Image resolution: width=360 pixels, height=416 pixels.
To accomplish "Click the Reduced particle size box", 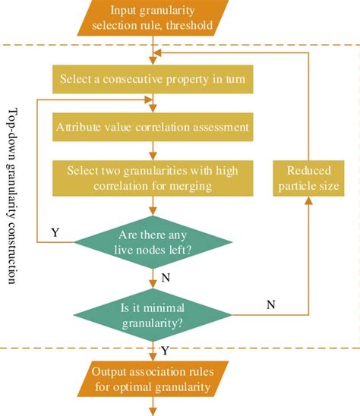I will (308, 178).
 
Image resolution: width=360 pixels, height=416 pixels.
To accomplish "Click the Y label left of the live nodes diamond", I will (55, 232).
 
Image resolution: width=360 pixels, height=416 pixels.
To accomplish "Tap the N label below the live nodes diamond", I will (166, 278).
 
